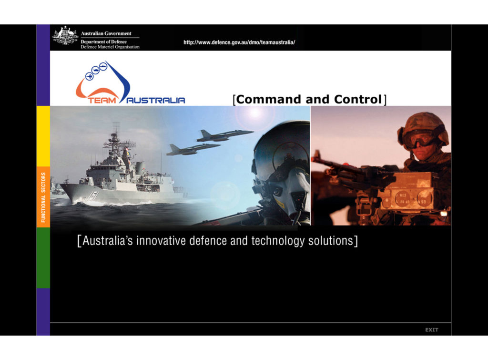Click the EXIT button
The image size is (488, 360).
pyautogui.click(x=432, y=330)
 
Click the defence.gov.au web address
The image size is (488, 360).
pyautogui.click(x=239, y=42)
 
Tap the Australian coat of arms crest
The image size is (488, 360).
pyautogui.click(x=65, y=36)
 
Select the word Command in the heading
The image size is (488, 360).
pyautogui.click(x=269, y=99)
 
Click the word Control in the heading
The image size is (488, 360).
pyautogui.click(x=357, y=99)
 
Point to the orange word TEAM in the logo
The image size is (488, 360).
pyautogui.click(x=102, y=100)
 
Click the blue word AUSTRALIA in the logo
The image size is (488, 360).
pyautogui.click(x=156, y=100)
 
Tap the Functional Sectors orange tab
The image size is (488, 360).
pyautogui.click(x=43, y=197)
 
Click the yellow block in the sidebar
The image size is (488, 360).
pyautogui.click(x=43, y=136)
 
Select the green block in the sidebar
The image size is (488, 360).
pyautogui.click(x=43, y=257)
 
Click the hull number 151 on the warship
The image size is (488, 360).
pyautogui.click(x=93, y=196)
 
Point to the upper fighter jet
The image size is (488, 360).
pyautogui.click(x=225, y=135)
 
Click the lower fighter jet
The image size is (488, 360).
pyautogui.click(x=193, y=149)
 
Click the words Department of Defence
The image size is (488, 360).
pyautogui.click(x=103, y=42)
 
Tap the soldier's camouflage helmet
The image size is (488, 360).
pyautogui.click(x=424, y=126)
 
